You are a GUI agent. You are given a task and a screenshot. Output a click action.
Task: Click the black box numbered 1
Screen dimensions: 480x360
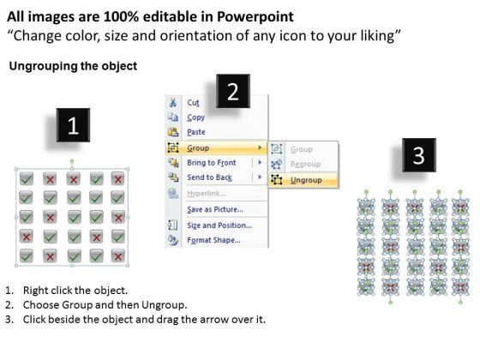pyautogui.click(x=73, y=125)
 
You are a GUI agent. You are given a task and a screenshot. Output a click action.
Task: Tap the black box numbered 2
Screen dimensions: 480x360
pyautogui.click(x=233, y=91)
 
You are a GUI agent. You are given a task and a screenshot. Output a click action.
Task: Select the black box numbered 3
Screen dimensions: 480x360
pyautogui.click(x=419, y=155)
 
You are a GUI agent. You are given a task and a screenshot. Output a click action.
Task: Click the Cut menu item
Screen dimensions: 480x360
pyautogui.click(x=193, y=103)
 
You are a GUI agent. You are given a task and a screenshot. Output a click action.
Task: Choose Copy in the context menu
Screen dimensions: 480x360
pyautogui.click(x=196, y=117)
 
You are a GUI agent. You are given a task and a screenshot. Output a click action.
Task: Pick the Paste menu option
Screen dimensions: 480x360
pyautogui.click(x=196, y=132)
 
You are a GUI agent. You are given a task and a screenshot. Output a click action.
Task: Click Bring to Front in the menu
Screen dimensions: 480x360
pyautogui.click(x=212, y=163)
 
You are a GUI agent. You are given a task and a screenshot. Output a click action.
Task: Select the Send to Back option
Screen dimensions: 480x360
pyautogui.click(x=210, y=177)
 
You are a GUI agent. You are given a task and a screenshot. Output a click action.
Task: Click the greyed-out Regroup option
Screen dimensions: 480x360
pyautogui.click(x=305, y=165)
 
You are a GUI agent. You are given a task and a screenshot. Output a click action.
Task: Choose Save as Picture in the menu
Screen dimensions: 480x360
pyautogui.click(x=215, y=209)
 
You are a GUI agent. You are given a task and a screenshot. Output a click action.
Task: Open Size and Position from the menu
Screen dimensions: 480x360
pyautogui.click(x=219, y=225)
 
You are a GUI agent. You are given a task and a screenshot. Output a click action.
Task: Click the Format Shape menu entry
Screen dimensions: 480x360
pyautogui.click(x=213, y=240)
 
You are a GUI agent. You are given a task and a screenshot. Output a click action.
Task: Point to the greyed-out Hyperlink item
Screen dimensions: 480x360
pyautogui.click(x=207, y=194)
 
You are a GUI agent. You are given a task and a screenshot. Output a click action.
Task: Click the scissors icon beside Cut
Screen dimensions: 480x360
pyautogui.click(x=173, y=103)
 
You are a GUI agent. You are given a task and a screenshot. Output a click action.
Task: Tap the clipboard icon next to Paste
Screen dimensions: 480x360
pyautogui.click(x=173, y=132)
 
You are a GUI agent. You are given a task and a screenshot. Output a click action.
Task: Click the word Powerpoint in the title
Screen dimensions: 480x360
pyautogui.click(x=255, y=17)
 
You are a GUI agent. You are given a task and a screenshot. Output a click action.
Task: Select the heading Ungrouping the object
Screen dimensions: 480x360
pyautogui.click(x=73, y=66)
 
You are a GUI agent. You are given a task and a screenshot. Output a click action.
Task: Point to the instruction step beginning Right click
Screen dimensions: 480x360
pyautogui.click(x=66, y=291)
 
